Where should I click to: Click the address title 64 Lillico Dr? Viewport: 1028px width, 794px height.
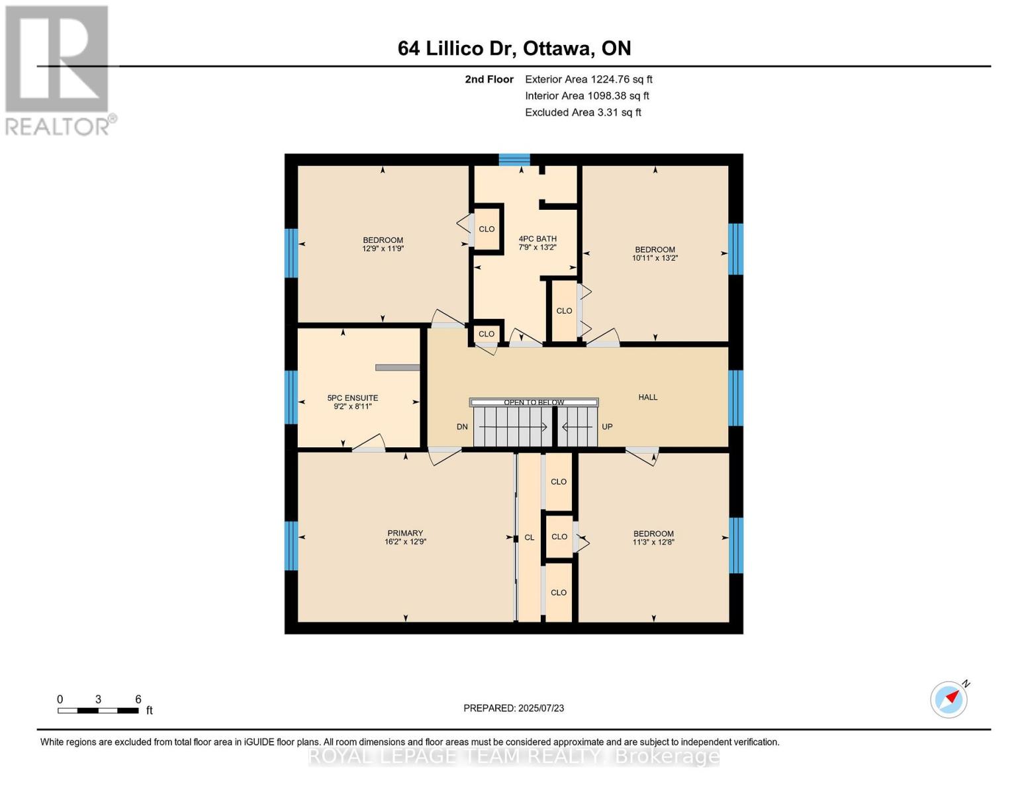point(514,48)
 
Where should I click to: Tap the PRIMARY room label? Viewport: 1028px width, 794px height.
point(404,533)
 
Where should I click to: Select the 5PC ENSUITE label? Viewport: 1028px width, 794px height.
point(352,398)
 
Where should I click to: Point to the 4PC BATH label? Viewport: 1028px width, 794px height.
point(537,239)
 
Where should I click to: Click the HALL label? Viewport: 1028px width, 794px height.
point(647,397)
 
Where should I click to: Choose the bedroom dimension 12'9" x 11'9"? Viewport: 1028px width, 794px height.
point(383,249)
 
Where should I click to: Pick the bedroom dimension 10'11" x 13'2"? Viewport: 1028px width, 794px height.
point(655,258)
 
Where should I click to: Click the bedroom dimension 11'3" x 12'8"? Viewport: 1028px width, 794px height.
point(653,542)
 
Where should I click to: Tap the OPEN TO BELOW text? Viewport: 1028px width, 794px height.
point(534,402)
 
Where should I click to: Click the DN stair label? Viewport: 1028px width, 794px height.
point(462,427)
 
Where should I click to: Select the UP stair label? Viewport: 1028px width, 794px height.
point(607,427)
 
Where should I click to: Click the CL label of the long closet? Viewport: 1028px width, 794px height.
point(529,537)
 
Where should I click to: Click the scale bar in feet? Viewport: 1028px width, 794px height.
point(98,711)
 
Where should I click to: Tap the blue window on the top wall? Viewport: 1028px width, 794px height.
point(514,159)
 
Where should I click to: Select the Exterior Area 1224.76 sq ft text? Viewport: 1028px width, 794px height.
point(588,79)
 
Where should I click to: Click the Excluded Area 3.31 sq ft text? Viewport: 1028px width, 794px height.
point(583,112)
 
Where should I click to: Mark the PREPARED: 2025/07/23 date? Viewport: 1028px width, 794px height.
point(514,708)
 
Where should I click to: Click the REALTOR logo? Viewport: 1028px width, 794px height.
point(58,69)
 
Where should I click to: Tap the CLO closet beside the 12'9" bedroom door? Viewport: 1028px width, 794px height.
point(487,229)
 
